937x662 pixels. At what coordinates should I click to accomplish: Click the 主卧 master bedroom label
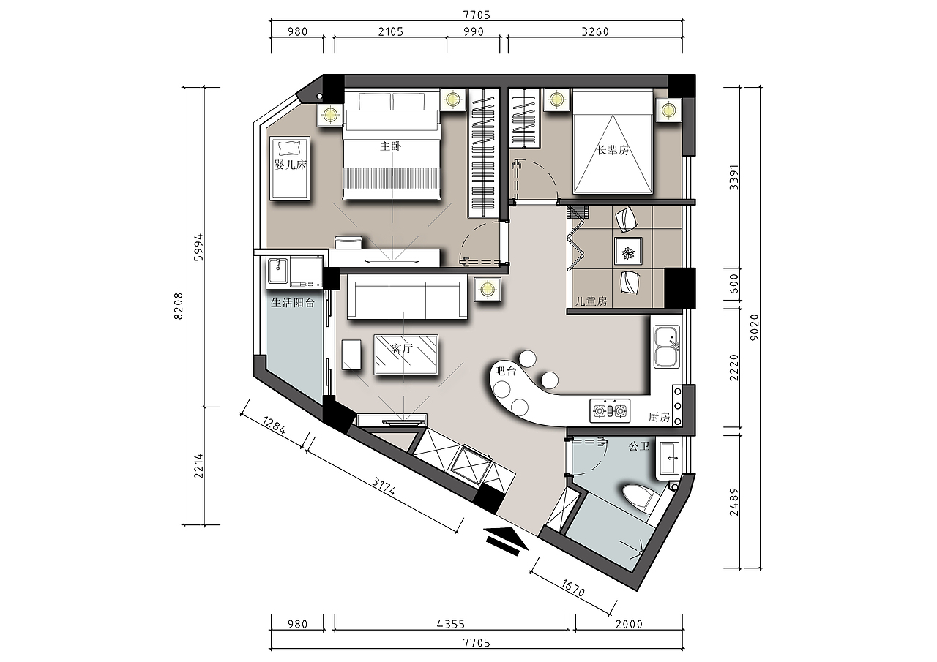(391, 146)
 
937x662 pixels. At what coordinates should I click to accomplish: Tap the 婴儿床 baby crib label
(291, 165)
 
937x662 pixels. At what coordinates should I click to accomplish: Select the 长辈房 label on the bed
(613, 151)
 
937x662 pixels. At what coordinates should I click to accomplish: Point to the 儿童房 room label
(591, 301)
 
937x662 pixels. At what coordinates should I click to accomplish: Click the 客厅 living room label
(402, 349)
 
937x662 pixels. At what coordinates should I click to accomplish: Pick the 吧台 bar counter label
(506, 371)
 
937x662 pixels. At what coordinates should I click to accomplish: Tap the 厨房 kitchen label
(660, 417)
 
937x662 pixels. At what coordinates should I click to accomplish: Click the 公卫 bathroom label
(639, 446)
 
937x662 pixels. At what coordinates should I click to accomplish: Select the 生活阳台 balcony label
(293, 303)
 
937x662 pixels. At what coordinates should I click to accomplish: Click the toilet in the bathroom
(641, 500)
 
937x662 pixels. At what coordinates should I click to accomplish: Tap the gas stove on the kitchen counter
(610, 411)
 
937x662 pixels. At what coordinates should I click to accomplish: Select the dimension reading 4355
(450, 625)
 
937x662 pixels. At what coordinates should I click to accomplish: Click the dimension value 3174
(384, 486)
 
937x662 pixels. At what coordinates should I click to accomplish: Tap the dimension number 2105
(391, 31)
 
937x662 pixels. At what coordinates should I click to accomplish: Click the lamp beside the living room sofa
(488, 289)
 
